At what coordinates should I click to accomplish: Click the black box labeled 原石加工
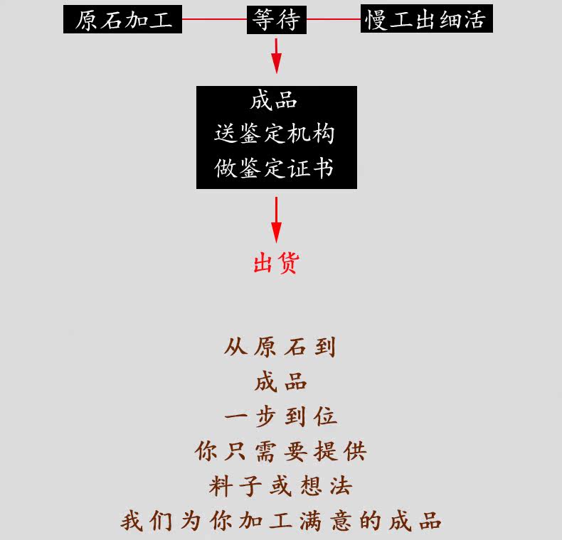(x=122, y=19)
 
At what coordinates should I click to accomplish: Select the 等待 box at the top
(x=276, y=19)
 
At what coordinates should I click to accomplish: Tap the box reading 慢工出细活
(x=425, y=19)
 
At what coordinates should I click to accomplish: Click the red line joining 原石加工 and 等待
(x=214, y=20)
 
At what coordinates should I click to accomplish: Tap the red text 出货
(x=276, y=263)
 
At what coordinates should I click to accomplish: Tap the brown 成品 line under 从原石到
(x=280, y=382)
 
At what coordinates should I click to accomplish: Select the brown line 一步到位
(x=280, y=416)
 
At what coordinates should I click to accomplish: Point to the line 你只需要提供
(x=280, y=451)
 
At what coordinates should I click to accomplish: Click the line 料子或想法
(x=280, y=486)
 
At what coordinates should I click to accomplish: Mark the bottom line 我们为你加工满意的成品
(x=280, y=521)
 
